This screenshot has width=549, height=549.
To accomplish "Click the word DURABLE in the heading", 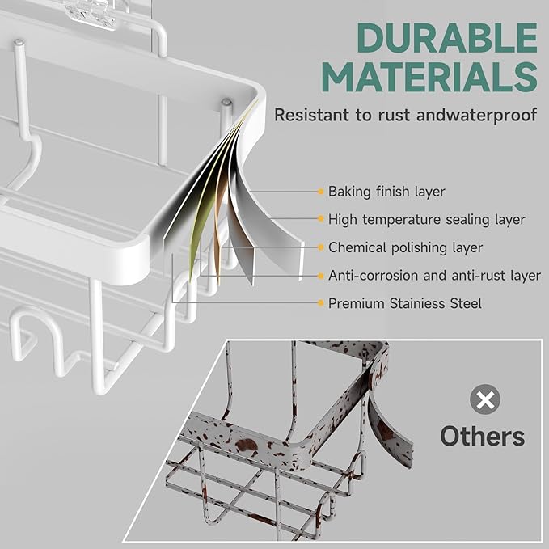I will pyautogui.click(x=447, y=38).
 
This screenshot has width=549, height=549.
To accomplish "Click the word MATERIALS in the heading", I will pyautogui.click(x=433, y=78).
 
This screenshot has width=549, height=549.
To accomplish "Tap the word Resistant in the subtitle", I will pyautogui.click(x=310, y=115).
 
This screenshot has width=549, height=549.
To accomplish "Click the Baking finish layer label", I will pyautogui.click(x=386, y=192).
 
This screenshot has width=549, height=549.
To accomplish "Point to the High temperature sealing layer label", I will pyautogui.click(x=427, y=219).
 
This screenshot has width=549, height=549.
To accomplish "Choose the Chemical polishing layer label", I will pyautogui.click(x=405, y=247).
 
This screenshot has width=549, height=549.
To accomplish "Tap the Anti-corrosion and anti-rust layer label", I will pyautogui.click(x=434, y=276).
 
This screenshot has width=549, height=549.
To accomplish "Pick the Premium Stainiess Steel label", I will pyautogui.click(x=404, y=304).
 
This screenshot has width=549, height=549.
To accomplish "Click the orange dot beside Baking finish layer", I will pyautogui.click(x=321, y=192).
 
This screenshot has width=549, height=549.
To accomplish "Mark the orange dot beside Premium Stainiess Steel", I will pyautogui.click(x=321, y=304).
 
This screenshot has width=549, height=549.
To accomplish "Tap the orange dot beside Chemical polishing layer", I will pyautogui.click(x=321, y=247).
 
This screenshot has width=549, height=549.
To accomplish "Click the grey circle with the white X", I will pyautogui.click(x=486, y=399).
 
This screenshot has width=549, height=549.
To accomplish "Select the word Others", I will pyautogui.click(x=483, y=437).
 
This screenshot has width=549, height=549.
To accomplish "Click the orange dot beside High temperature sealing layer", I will pyautogui.click(x=321, y=219).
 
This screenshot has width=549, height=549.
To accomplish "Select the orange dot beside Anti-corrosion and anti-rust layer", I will pyautogui.click(x=321, y=276).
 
